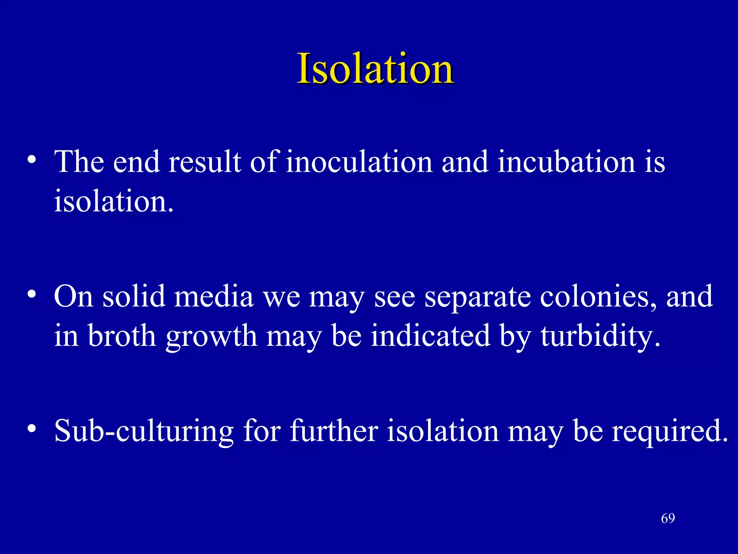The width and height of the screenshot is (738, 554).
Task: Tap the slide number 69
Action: point(668,518)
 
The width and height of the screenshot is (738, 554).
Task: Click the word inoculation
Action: point(359,162)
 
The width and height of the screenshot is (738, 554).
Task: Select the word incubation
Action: point(566,162)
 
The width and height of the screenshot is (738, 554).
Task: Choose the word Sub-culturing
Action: point(144,431)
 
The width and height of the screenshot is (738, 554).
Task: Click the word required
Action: point(670,431)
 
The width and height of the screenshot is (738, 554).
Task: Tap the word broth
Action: point(122,336)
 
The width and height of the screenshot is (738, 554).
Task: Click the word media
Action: point(214,296)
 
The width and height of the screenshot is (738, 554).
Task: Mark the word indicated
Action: point(430,336)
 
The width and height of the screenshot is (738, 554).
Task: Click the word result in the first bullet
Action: point(205,162)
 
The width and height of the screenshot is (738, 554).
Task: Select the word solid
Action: point(134,296)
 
